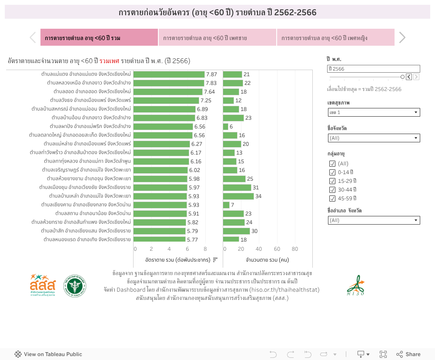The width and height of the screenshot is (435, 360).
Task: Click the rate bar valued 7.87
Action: point(169,74)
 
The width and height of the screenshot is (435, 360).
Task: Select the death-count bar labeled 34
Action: point(238,196)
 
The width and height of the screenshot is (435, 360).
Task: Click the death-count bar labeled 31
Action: point(237,187)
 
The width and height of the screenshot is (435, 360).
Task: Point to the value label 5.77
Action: point(192,239)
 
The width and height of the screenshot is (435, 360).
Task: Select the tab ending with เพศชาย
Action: point(217,38)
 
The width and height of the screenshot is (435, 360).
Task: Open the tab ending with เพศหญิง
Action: point(335,38)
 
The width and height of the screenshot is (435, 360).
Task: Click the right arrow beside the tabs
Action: point(402,38)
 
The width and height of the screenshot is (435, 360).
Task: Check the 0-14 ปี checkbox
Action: point(332,172)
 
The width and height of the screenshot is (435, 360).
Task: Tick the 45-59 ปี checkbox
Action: point(332,199)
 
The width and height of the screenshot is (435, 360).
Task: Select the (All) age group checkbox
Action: point(332,164)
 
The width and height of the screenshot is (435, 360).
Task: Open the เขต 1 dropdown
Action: point(374,113)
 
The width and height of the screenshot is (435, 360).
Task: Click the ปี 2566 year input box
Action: point(374,69)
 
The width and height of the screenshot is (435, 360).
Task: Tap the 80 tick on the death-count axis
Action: point(294,249)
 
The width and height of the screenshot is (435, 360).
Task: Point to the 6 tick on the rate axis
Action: point(187,249)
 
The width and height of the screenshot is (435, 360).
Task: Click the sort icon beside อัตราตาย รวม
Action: point(215,259)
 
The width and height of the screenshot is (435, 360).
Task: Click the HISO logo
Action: point(355,286)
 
